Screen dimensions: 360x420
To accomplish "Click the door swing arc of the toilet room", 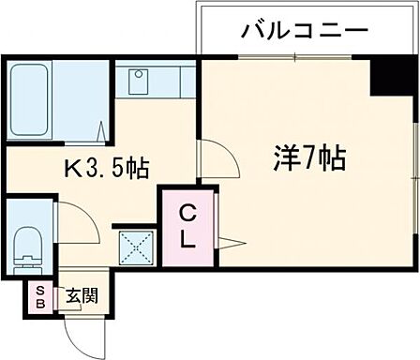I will (x=75, y=221).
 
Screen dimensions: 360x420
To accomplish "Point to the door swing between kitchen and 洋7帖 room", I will (x=213, y=155).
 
